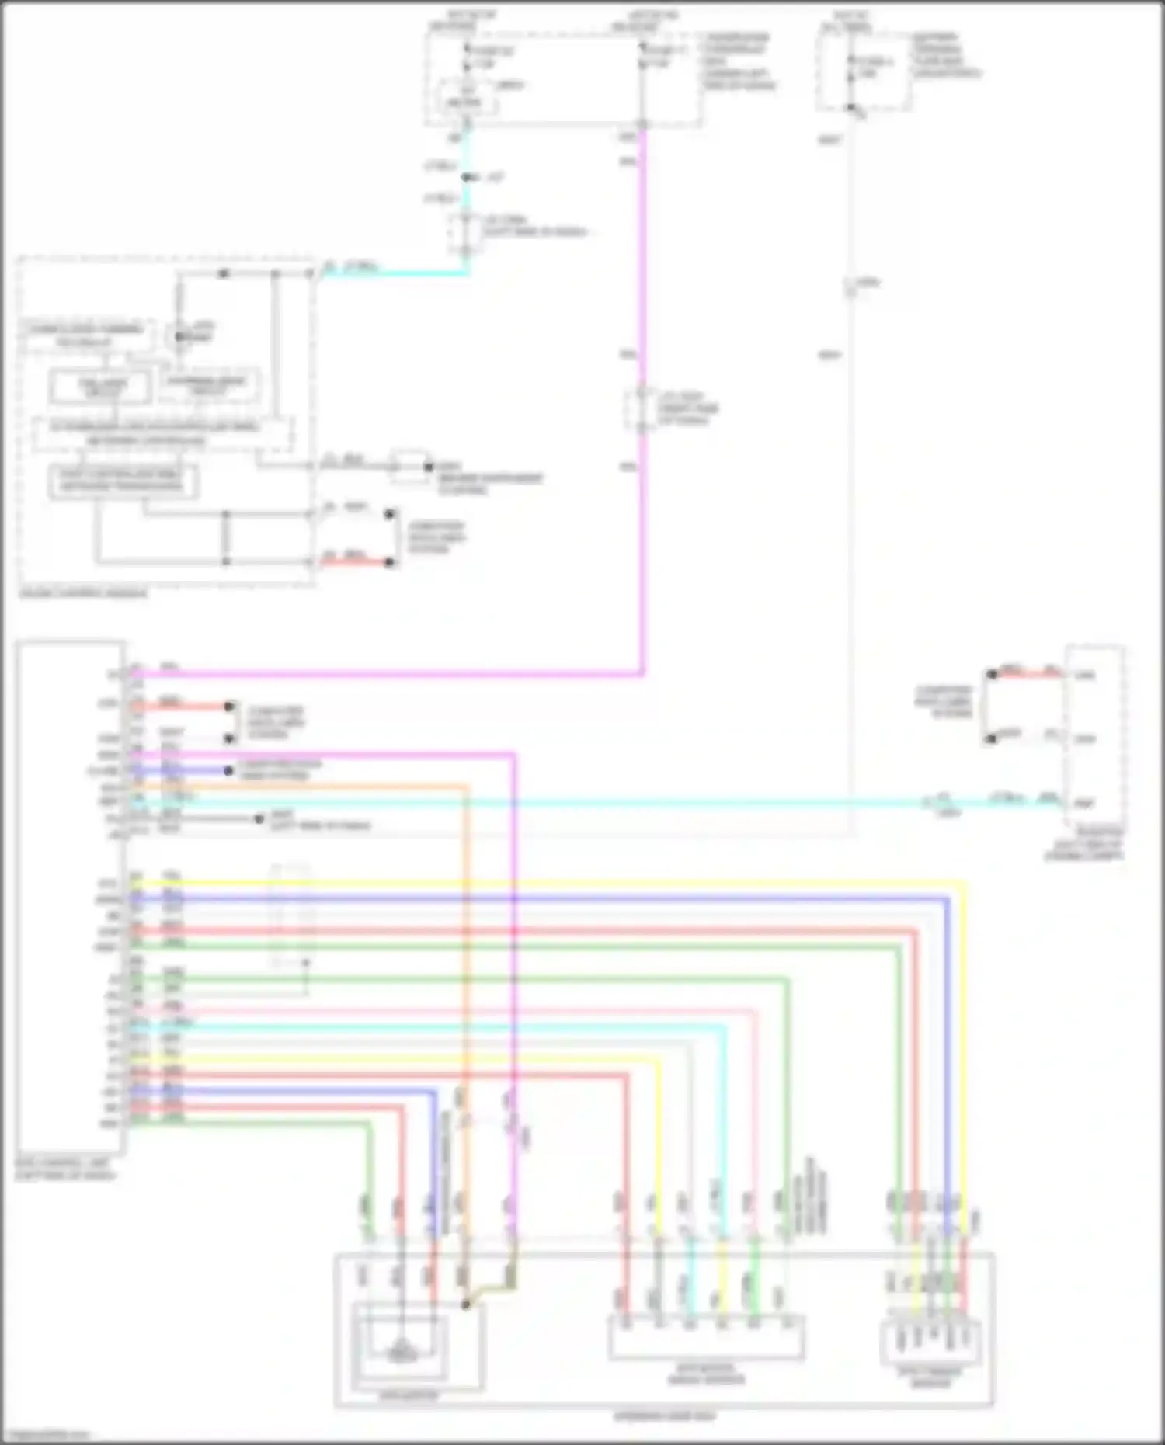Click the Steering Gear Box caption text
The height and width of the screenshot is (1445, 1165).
[x=664, y=1416]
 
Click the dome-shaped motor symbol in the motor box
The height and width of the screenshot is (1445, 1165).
[x=400, y=1353]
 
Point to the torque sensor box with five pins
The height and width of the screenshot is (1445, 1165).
[x=930, y=1342]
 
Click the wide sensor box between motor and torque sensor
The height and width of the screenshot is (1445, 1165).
[x=706, y=1337]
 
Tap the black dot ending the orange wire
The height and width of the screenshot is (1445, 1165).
[x=465, y=1305]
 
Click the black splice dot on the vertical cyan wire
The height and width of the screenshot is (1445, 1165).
[x=467, y=178]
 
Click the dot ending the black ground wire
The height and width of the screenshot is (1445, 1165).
[x=259, y=819]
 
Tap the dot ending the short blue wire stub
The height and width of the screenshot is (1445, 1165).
[x=228, y=771]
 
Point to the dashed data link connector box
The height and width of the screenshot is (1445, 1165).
[x=1094, y=738]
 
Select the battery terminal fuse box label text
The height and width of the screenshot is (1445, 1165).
[x=947, y=54]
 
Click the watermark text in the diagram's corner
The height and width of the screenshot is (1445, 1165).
[x=47, y=1435]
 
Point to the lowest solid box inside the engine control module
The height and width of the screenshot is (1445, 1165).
[x=123, y=481]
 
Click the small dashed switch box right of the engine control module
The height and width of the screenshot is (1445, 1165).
[x=409, y=466]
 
